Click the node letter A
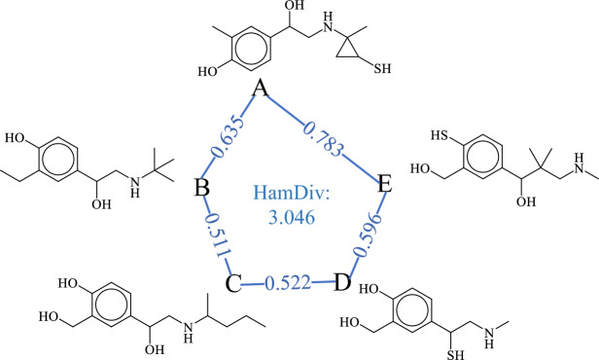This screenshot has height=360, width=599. coord(261,89)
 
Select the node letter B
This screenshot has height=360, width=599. coord(201,187)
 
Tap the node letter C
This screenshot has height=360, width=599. coord(233,283)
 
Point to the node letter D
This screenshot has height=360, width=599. coord(342,283)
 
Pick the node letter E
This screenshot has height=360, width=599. coord(385,184)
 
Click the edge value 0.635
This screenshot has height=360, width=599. coord(228,137)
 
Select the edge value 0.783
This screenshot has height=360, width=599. coord(323,140)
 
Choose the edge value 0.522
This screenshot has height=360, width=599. coord(288,283)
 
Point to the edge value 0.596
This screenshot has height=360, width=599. coord(368,234)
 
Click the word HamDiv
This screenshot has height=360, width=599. coord(292,194)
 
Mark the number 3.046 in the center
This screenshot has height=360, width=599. coord(292,217)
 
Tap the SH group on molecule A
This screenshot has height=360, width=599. coord(382,69)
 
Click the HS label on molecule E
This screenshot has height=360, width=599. coord(440,135)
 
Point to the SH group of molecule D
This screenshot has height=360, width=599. coord(456,354)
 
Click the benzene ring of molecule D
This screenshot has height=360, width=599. coord(413,306)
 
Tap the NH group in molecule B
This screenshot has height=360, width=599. coord(134,187)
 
